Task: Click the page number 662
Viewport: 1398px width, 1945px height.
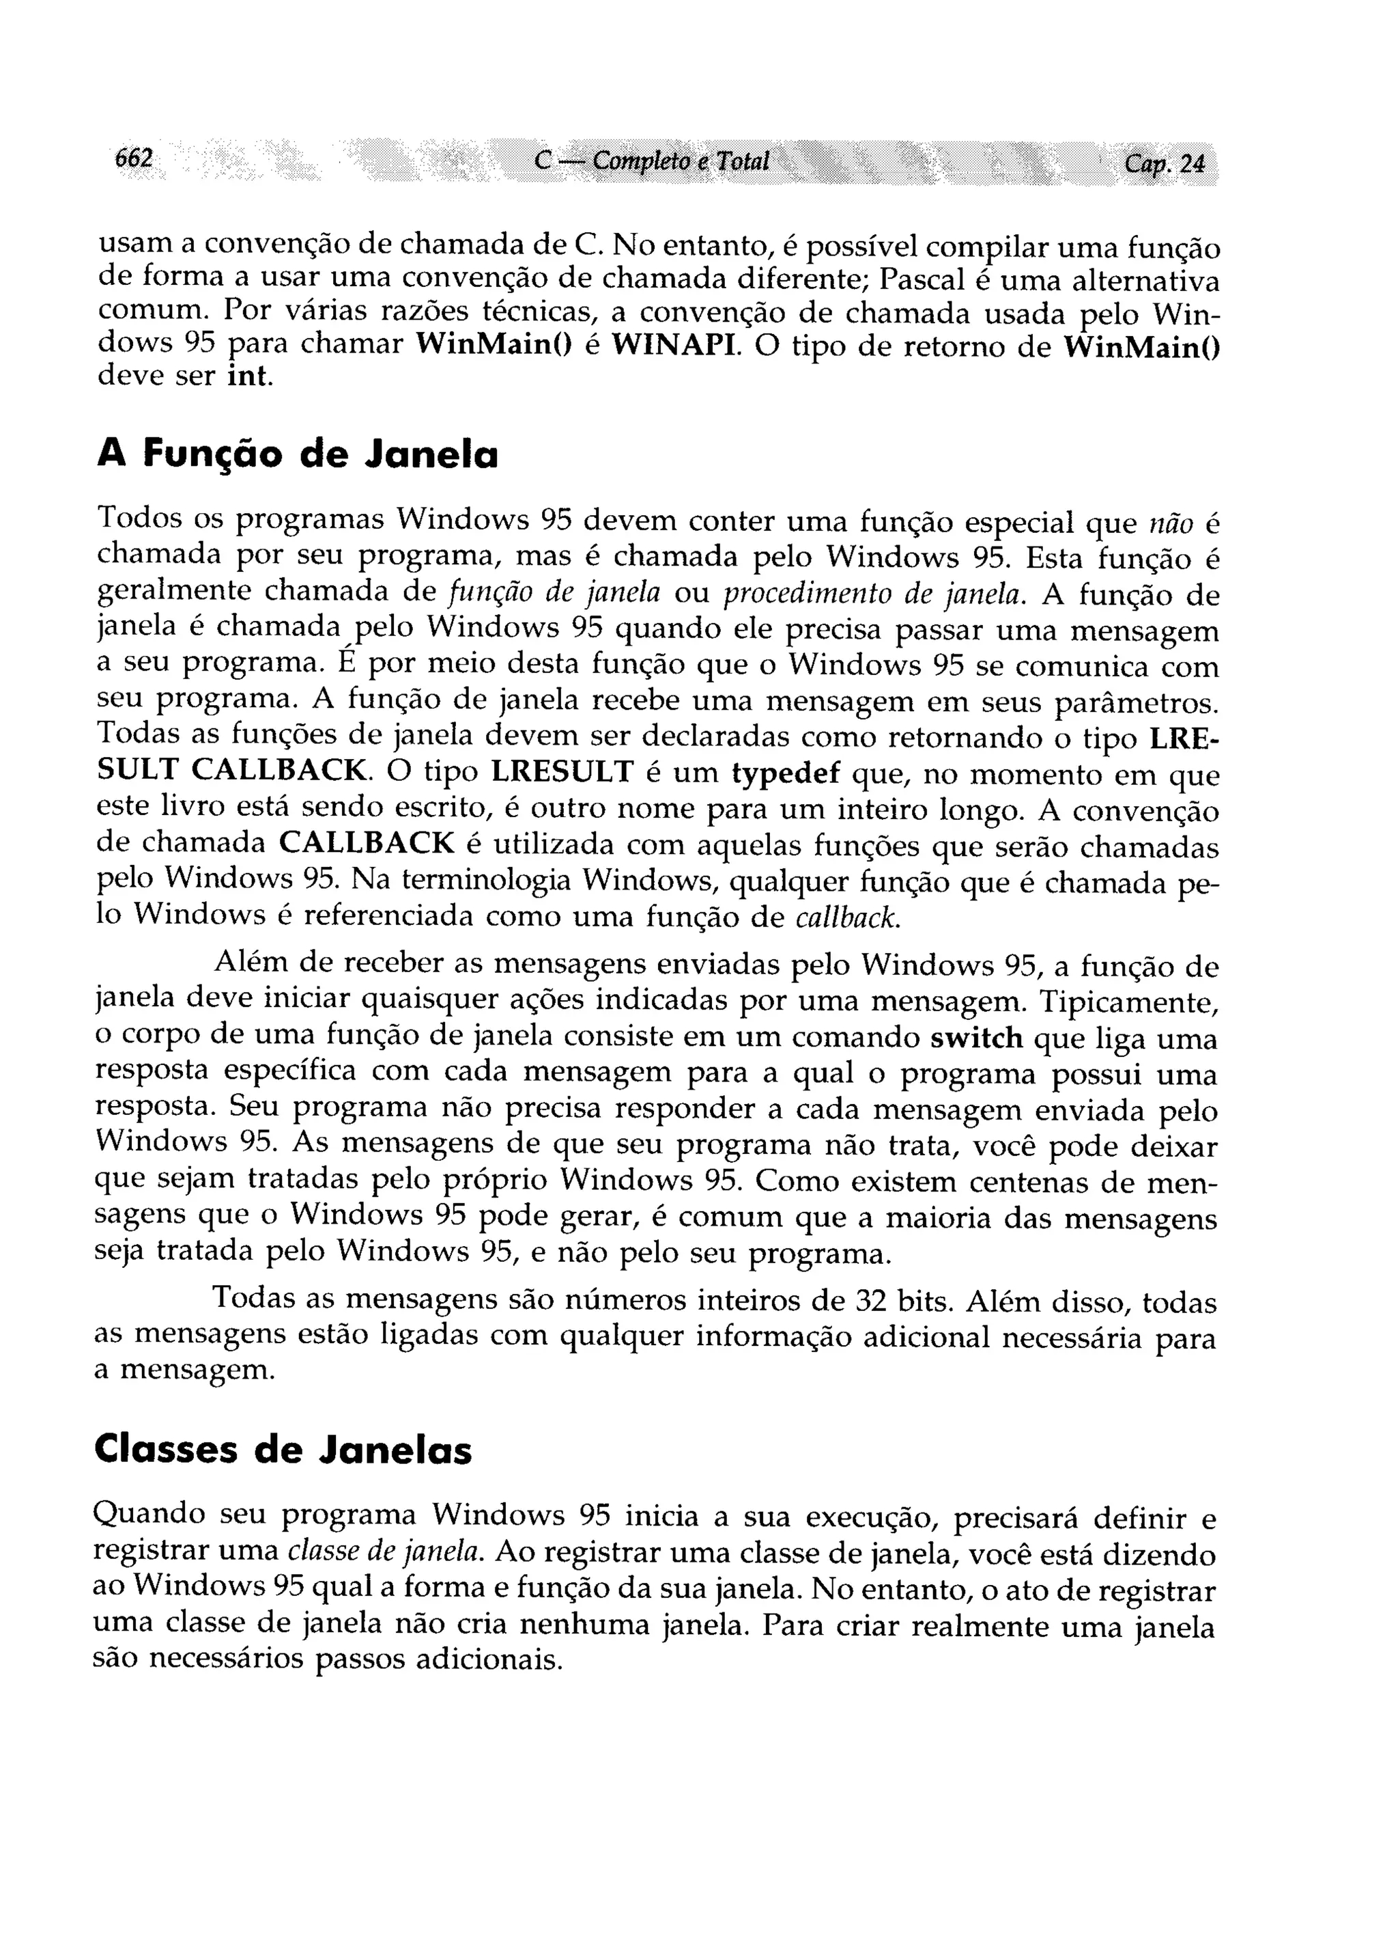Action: [x=134, y=158]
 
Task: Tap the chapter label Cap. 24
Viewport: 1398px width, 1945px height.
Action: [x=1164, y=163]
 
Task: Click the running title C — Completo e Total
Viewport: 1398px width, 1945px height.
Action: [x=651, y=161]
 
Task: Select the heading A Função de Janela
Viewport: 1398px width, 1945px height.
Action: [x=298, y=454]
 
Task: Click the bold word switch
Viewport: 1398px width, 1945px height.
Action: [x=976, y=1038]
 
